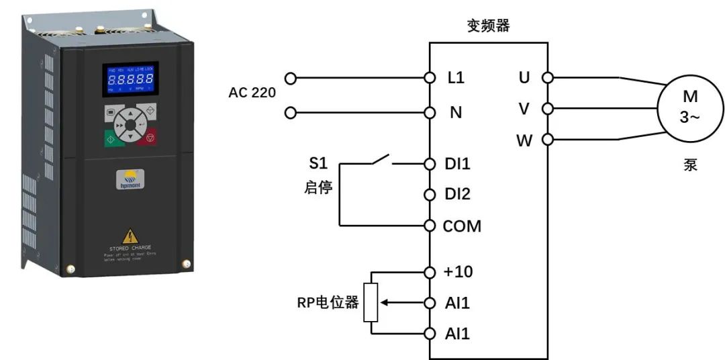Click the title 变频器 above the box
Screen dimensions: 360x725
pos(488,26)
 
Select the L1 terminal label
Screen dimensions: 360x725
pos(456,77)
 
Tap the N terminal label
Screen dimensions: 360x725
pos(456,112)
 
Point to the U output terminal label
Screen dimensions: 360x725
pos(524,77)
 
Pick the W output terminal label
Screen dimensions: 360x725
pos(524,141)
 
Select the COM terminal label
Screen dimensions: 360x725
pos(462,226)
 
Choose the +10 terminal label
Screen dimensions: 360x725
pos(458,272)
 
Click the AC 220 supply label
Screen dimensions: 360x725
pos(252,93)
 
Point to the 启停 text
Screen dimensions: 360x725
pos(318,187)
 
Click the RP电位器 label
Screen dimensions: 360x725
pos(328,303)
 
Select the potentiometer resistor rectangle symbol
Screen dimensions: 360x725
pos(371,302)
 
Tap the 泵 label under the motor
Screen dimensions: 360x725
pos(690,165)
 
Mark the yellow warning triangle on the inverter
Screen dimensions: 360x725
pos(130,236)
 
